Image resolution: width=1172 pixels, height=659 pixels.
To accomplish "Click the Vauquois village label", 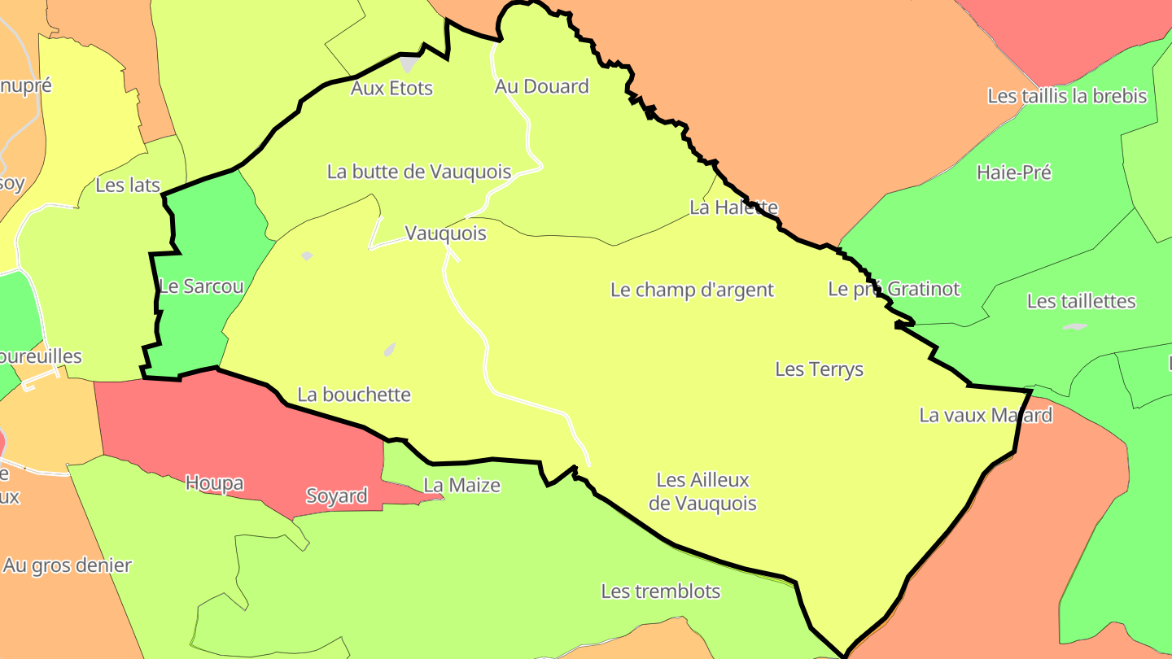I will (x=445, y=233).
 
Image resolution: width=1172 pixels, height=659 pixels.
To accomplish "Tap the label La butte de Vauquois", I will (x=419, y=172).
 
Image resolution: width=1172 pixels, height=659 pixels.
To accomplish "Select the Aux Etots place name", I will (x=391, y=88).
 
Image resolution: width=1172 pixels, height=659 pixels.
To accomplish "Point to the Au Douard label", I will (x=541, y=86).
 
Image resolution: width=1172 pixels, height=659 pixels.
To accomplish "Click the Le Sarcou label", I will (x=201, y=286).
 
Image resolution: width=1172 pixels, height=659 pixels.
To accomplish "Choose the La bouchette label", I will (x=354, y=395).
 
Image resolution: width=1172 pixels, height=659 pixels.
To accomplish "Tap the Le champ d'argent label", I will (x=692, y=290).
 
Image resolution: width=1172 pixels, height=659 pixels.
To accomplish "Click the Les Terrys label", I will (x=819, y=369).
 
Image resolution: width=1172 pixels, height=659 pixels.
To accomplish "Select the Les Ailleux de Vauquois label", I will (x=702, y=492).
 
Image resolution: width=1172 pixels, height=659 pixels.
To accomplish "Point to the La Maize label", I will (x=461, y=486).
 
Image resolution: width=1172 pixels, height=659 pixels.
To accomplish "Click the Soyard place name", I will (x=336, y=495).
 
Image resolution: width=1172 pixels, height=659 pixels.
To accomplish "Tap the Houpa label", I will (x=214, y=483).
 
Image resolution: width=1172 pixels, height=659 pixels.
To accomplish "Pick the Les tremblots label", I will (x=660, y=591).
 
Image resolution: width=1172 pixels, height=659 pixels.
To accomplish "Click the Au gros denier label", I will (x=67, y=565).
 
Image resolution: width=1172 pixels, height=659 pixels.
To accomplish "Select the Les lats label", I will (x=128, y=185).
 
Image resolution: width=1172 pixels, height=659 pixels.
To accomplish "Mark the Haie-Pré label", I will (x=1013, y=172).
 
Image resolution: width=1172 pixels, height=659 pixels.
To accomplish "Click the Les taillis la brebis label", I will (x=1066, y=96).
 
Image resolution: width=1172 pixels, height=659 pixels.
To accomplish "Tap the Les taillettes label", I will (x=1081, y=301).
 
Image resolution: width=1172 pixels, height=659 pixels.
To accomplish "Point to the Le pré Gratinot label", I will (x=894, y=289).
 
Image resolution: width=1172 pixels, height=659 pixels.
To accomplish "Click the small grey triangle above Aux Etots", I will (x=409, y=63).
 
